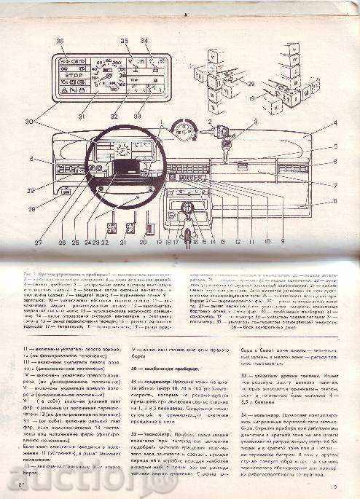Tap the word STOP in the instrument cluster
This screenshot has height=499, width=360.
[x=76, y=74]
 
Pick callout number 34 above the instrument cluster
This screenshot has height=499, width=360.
[x=144, y=40]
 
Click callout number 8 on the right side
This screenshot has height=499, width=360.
[x=334, y=198]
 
